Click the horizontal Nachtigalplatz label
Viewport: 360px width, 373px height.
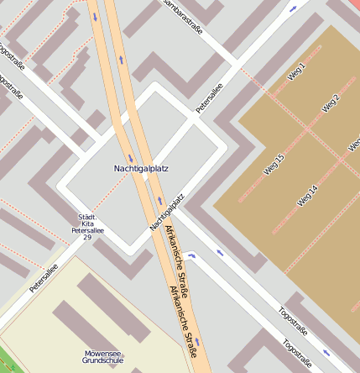click(x=141, y=169)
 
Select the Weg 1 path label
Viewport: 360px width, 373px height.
click(x=296, y=71)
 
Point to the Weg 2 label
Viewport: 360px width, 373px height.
click(x=331, y=103)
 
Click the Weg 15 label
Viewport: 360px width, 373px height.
click(x=274, y=165)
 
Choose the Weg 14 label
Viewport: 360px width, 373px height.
click(x=308, y=196)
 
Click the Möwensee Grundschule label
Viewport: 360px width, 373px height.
click(x=103, y=356)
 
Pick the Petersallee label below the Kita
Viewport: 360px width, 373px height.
click(x=43, y=278)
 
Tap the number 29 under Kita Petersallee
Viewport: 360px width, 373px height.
click(x=87, y=238)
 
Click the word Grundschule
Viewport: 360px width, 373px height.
click(x=103, y=360)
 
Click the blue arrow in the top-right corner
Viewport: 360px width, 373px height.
click(x=293, y=9)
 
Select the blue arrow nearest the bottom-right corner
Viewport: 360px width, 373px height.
click(x=326, y=353)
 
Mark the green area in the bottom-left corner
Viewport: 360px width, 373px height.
click(x=5, y=362)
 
